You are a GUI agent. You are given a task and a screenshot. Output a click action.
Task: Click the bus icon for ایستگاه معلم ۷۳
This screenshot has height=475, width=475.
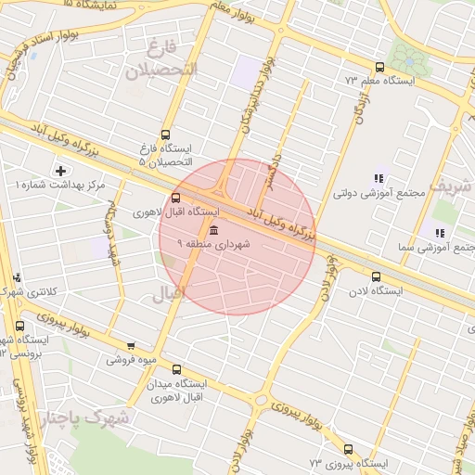coord(379,67)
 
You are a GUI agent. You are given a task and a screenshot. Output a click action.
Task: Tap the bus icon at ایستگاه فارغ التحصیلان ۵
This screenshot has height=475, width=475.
coord(166,134)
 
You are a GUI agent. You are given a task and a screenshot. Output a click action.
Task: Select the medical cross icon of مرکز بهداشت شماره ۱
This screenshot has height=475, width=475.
coord(61,171)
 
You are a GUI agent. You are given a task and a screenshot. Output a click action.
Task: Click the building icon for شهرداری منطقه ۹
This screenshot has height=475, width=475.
coord(214,229)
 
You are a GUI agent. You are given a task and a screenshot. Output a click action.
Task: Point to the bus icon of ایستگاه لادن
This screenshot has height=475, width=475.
coord(376,276)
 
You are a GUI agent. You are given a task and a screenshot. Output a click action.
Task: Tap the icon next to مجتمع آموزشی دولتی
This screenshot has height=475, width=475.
coord(378,178)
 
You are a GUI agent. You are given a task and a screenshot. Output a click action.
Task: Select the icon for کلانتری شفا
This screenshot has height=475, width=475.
coord(18,277)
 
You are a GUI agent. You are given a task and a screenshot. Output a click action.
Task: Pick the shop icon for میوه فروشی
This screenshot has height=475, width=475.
coord(131,345)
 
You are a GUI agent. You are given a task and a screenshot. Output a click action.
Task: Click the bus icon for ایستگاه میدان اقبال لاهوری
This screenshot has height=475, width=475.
coord(176,368)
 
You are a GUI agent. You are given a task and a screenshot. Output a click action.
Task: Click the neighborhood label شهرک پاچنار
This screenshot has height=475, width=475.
coord(96,418)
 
